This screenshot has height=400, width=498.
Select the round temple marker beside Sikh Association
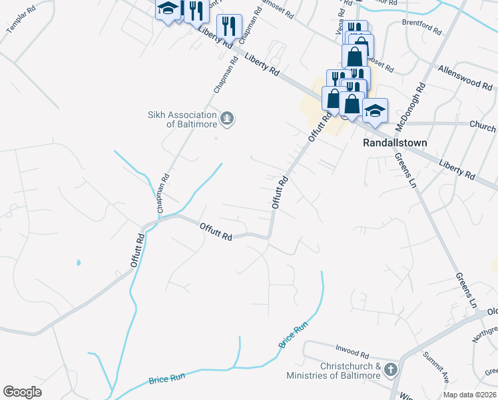(228, 119)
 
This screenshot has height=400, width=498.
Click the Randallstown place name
(394, 143)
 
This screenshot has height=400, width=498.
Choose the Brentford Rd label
(422, 27)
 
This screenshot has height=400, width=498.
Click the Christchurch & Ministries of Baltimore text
(333, 371)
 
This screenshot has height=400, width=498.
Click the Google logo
(23, 392)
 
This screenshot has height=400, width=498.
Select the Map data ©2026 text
(469, 395)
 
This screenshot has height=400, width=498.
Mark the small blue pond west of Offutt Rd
(79, 263)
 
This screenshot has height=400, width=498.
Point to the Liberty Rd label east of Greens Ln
(458, 169)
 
